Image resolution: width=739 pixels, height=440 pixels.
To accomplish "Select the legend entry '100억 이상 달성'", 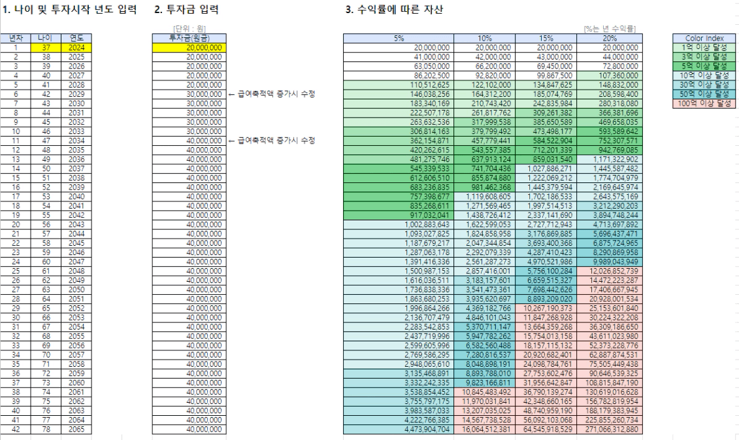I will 699,103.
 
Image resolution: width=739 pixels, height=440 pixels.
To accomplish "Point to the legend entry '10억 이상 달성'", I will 699,75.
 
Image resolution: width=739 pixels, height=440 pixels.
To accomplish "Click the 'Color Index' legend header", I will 699,39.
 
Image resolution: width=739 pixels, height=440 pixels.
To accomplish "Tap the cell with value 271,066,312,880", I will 608,430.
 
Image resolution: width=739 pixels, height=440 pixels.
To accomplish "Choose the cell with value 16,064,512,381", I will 484,430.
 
